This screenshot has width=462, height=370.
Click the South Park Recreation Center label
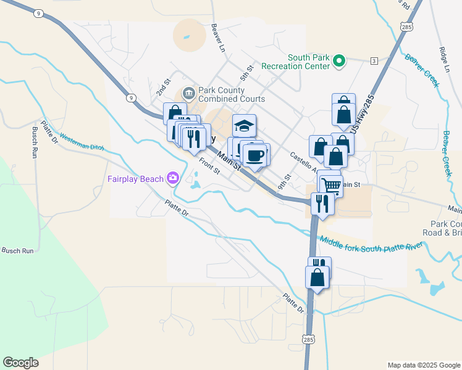pyautogui.click(x=295, y=61)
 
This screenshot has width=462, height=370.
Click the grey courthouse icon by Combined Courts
pyautogui.click(x=188, y=94)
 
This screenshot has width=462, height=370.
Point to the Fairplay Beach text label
pyautogui.click(x=134, y=179)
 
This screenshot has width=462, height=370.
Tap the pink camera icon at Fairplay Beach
pyautogui.click(x=173, y=179)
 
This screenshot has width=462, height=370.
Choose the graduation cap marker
pyautogui.click(x=244, y=126)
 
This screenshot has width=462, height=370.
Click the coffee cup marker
pyautogui.click(x=256, y=155)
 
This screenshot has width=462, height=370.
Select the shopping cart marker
pyautogui.click(x=332, y=185)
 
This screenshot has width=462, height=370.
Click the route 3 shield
pyautogui.click(x=374, y=60)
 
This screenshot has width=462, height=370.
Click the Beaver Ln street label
pyautogui.click(x=217, y=38)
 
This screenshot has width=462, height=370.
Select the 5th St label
pyautogui.click(x=247, y=73)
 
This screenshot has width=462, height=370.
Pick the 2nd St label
pyautogui.click(x=163, y=88)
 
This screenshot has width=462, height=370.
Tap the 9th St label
pyautogui.click(x=283, y=182)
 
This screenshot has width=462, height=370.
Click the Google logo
pyautogui.click(x=20, y=363)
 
